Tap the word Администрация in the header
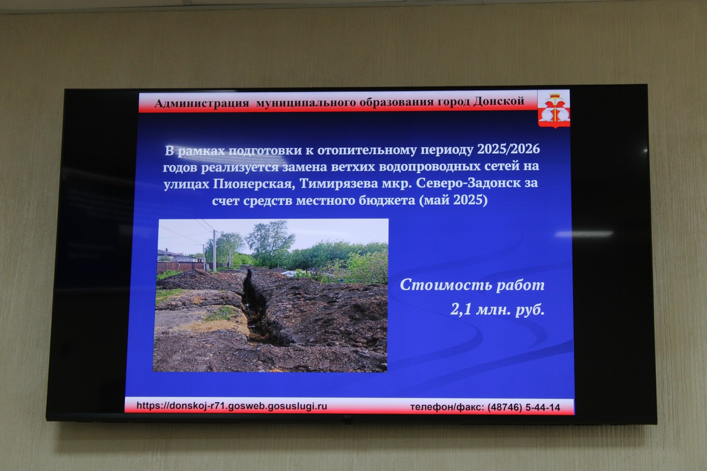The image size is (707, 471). click(202, 104)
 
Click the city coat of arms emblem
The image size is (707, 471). click(554, 109)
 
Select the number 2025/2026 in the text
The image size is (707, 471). click(508, 149)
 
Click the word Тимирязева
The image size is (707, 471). click(339, 183)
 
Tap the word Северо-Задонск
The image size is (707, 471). click(468, 183)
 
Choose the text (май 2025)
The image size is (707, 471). click(453, 200)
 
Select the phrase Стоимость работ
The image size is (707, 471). click(472, 285)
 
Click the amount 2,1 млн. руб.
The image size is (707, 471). click(497, 310)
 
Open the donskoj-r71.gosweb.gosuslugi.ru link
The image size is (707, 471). click(232, 406)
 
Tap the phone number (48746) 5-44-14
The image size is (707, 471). click(524, 407)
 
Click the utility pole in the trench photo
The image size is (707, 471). click(214, 251)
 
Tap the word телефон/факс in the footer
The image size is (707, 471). click(447, 407)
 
